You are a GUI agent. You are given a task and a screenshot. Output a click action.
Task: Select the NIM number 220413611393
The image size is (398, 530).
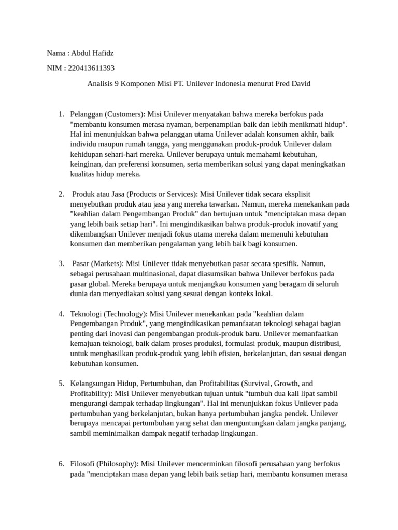click(x=91, y=68)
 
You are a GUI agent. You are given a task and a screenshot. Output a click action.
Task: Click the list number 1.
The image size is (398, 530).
click(x=60, y=114)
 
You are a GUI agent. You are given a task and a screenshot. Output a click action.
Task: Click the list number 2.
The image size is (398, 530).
click(x=60, y=194)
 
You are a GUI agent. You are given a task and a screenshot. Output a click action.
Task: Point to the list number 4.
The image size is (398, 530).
click(x=60, y=314)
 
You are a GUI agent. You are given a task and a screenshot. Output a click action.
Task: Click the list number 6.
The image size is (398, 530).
click(x=60, y=464)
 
